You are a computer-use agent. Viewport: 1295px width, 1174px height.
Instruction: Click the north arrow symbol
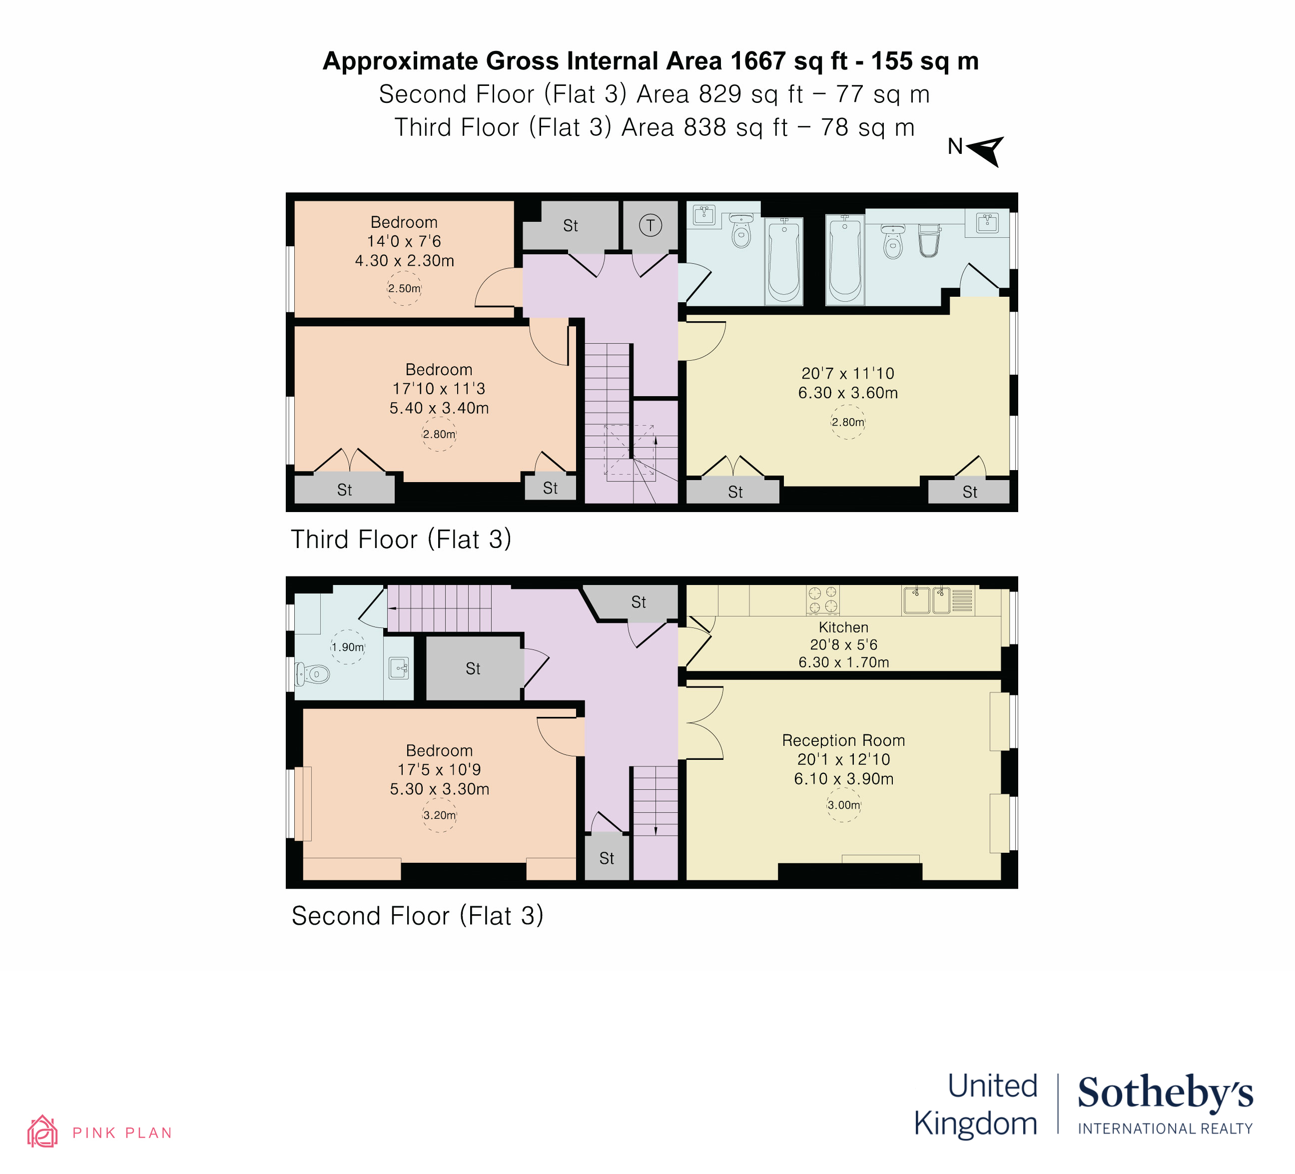tap(985, 150)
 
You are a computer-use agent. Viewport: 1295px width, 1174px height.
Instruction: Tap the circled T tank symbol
tap(650, 225)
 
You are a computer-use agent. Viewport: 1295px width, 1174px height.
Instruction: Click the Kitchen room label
tap(843, 627)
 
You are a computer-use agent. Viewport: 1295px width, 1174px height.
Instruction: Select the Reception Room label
tap(843, 740)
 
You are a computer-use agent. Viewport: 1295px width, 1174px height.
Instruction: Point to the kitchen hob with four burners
tap(823, 600)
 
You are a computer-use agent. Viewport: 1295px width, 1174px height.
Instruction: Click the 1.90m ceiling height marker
tap(348, 647)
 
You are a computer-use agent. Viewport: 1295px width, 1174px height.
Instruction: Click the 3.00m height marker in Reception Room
tap(843, 805)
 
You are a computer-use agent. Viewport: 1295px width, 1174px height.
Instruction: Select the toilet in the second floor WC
tap(313, 674)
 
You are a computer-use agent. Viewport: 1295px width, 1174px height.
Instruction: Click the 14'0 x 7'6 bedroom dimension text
tap(404, 241)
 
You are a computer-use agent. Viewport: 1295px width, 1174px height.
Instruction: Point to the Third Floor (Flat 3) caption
tap(401, 540)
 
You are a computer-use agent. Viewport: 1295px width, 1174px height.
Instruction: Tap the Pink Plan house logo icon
tap(42, 1132)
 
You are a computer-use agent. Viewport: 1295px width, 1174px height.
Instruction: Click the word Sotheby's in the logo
tap(1165, 1094)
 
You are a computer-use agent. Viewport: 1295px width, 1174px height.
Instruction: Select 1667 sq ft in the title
tap(789, 61)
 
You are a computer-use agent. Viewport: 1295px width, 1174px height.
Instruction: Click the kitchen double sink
tap(927, 600)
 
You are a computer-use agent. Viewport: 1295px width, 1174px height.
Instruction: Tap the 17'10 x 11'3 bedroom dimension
tap(439, 389)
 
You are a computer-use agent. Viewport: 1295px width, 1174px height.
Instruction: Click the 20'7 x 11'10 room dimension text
tap(847, 373)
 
